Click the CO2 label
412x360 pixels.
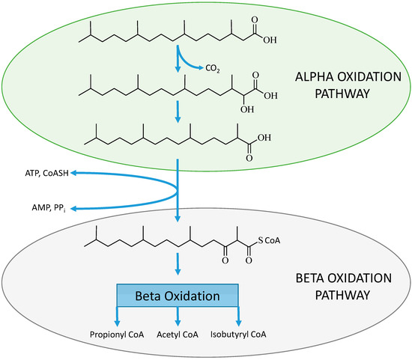[213, 69]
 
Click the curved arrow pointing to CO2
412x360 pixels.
[191, 64]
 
